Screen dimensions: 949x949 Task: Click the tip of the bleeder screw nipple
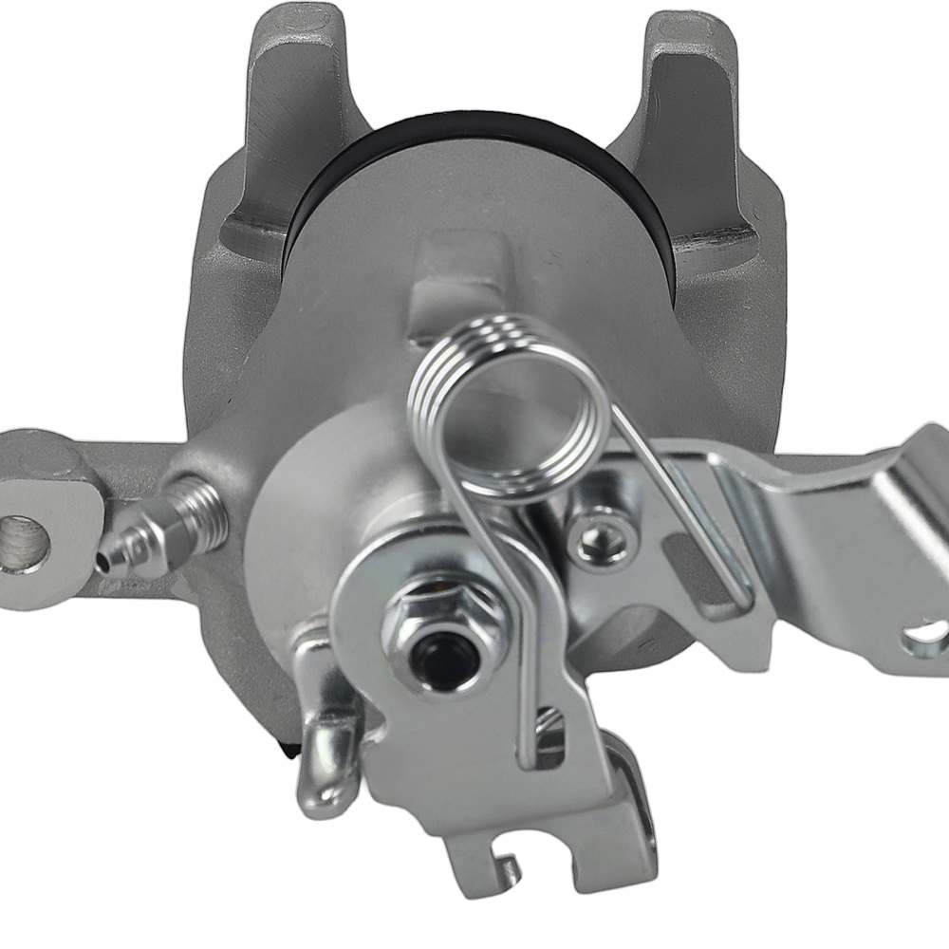point(103,562)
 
